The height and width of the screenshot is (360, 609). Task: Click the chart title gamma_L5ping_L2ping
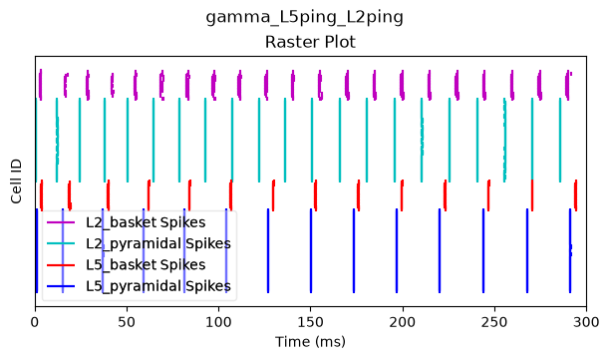point(305,18)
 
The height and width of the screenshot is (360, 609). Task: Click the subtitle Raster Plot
point(310,42)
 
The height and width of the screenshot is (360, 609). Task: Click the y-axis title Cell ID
point(16,181)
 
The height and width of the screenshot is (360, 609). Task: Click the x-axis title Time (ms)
point(310,342)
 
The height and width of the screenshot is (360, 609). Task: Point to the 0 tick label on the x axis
point(35,322)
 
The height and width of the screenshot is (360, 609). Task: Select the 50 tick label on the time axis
point(127,322)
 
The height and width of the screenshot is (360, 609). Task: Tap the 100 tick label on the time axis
point(218,322)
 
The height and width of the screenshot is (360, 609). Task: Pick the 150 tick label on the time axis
point(310,322)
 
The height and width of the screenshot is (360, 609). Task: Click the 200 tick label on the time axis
point(403,322)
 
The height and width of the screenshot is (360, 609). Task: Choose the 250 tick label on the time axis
point(494,322)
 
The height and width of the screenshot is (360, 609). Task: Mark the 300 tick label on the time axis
point(586,322)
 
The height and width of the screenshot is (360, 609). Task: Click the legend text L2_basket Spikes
point(146,222)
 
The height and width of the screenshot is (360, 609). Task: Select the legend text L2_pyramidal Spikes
point(158,243)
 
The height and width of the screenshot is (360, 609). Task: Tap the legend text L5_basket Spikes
point(146,264)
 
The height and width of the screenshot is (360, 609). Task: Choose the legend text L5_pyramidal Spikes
point(158,286)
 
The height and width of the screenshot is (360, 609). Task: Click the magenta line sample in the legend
point(61,222)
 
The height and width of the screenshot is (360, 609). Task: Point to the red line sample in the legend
point(61,264)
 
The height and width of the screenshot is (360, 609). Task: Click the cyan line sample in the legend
point(61,243)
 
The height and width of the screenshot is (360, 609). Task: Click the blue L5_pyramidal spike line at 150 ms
point(311,250)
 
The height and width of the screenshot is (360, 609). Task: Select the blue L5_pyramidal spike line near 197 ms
point(397,250)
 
